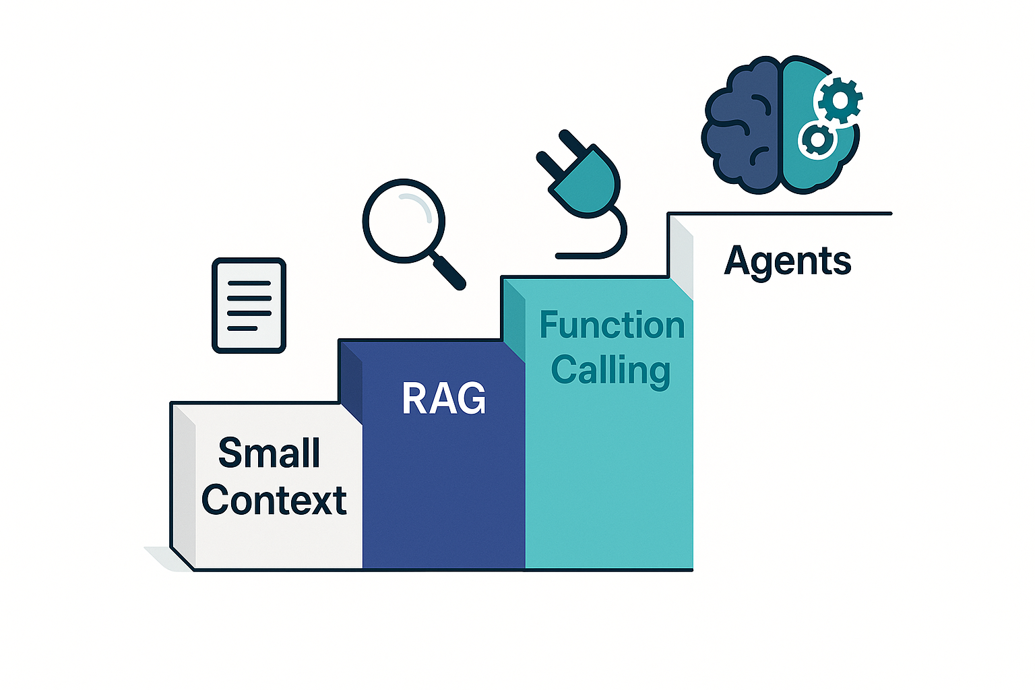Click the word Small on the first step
[269, 453]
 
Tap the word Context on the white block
[274, 501]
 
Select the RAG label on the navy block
[443, 398]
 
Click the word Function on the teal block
[612, 326]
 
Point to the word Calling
[610, 371]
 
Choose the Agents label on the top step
[788, 261]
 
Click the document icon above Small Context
[249, 305]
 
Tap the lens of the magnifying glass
[404, 220]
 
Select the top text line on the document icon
[249, 283]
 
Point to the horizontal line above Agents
[782, 214]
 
